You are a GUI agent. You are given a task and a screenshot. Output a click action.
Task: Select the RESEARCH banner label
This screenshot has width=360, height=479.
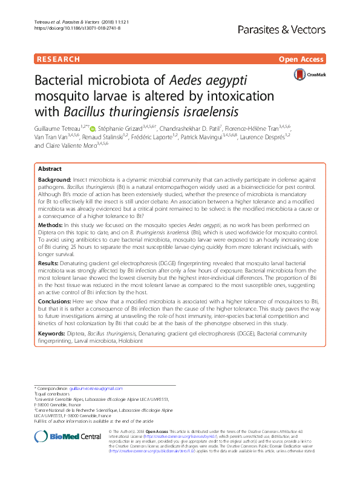[58, 59]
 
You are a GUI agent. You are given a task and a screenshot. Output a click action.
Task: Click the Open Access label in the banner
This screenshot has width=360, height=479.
[302, 59]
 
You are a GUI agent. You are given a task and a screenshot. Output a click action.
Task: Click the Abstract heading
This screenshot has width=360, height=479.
[50, 169]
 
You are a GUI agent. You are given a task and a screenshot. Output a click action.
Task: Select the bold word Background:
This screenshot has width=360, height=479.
[54, 181]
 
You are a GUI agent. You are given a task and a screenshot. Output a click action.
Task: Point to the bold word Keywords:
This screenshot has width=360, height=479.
[53, 334]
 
